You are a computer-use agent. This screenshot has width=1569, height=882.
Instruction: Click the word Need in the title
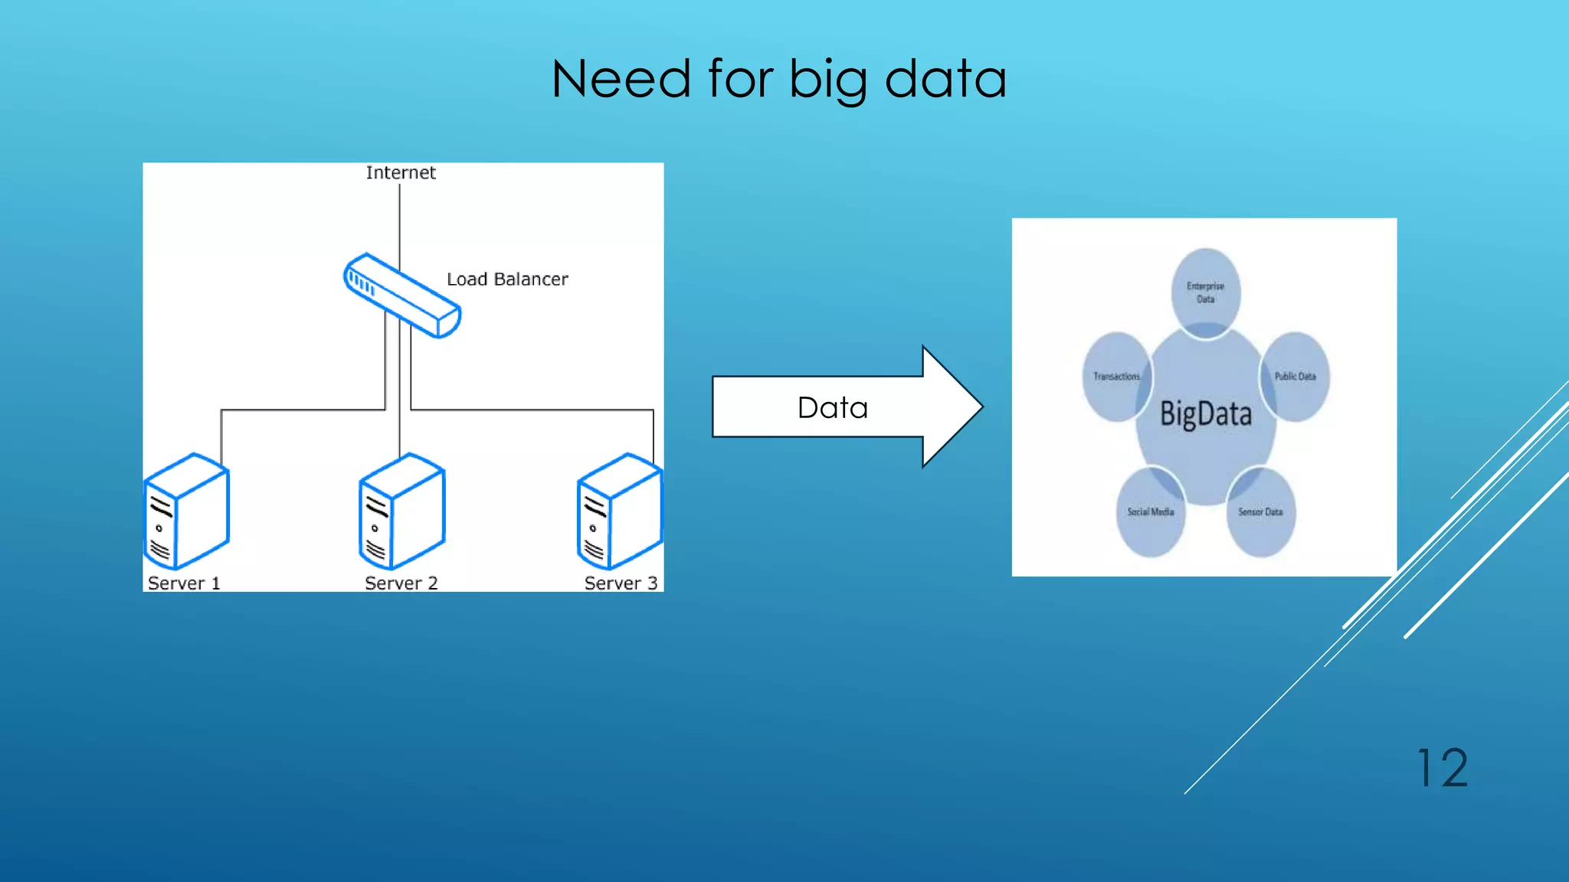(x=621, y=79)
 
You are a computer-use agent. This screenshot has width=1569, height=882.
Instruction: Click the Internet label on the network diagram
(x=401, y=173)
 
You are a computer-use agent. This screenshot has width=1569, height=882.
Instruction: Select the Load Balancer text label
(x=507, y=279)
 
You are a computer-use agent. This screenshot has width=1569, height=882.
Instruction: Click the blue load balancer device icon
(x=402, y=296)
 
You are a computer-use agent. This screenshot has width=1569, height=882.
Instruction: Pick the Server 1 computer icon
(x=187, y=511)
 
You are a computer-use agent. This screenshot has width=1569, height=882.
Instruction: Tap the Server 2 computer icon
(x=402, y=511)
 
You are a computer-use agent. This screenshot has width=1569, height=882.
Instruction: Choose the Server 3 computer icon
(x=620, y=511)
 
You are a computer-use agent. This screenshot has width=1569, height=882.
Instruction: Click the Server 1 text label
(x=184, y=583)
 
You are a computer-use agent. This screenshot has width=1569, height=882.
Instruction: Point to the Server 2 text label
(x=401, y=583)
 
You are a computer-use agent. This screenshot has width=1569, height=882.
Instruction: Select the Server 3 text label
(x=621, y=583)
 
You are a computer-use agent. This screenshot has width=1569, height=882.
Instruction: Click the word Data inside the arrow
(x=833, y=408)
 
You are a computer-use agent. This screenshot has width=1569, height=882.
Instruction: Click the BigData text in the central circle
(x=1205, y=414)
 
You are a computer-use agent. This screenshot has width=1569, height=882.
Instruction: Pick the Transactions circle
(x=1116, y=376)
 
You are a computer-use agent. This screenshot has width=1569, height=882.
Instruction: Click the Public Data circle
(x=1295, y=376)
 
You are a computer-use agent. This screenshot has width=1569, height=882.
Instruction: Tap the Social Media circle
(x=1150, y=511)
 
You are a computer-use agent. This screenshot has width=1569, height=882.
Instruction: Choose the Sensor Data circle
(x=1260, y=511)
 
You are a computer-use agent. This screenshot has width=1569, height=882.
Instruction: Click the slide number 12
(x=1443, y=768)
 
